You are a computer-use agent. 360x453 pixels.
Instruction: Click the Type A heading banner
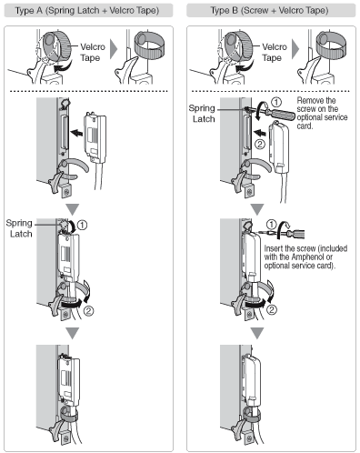[88, 11]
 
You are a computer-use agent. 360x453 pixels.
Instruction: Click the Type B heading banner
[271, 11]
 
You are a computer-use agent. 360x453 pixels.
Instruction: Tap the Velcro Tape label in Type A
[93, 52]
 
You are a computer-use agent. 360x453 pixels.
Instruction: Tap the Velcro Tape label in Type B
[274, 52]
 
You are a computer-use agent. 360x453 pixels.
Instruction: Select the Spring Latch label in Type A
[19, 228]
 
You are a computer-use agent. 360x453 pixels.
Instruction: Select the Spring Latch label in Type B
[202, 114]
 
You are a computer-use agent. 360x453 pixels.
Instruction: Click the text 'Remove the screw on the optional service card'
[322, 113]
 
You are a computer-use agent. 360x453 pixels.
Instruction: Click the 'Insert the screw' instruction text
[305, 257]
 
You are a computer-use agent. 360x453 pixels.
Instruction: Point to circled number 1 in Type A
[82, 225]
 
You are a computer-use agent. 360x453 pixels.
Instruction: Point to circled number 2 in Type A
[88, 311]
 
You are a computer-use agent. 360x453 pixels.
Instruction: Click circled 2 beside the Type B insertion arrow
[260, 144]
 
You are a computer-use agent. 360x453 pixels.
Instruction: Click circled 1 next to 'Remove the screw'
[275, 102]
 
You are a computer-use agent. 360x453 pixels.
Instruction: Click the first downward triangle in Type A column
[73, 209]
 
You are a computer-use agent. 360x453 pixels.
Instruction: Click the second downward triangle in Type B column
[257, 333]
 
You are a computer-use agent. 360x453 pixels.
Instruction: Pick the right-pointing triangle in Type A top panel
[114, 49]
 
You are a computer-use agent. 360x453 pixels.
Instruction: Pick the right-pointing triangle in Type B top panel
[295, 49]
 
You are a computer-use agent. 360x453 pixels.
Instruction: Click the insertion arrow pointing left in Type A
[76, 133]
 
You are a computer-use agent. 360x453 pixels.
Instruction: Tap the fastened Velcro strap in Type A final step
[69, 415]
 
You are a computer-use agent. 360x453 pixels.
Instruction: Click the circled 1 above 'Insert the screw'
[272, 225]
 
